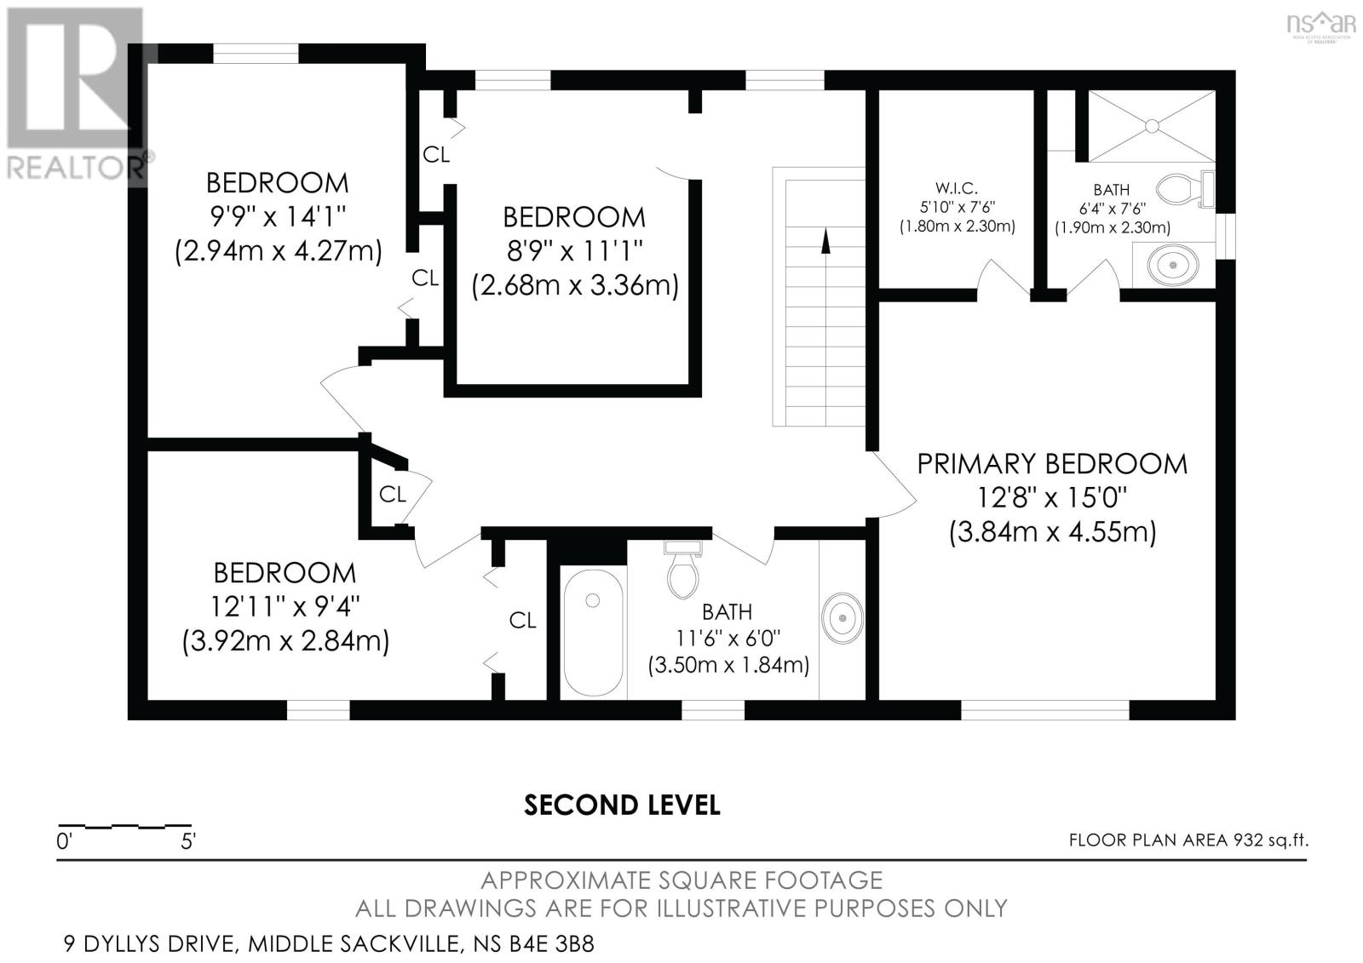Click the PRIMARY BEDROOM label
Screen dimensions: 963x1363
click(x=1051, y=464)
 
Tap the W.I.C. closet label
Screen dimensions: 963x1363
click(x=956, y=188)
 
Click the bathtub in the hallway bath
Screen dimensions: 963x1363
click(x=593, y=632)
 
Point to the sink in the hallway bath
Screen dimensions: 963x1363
click(x=843, y=616)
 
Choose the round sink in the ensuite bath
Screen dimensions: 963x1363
click(x=1174, y=266)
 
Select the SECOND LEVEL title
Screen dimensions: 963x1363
click(x=622, y=805)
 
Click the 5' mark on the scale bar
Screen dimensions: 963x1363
click(x=188, y=842)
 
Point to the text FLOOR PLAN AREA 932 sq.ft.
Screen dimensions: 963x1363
click(x=1188, y=840)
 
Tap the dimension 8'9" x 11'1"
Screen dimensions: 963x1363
click(x=574, y=251)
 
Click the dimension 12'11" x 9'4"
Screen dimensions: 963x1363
click(x=285, y=607)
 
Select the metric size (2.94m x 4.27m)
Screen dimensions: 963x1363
click(x=278, y=252)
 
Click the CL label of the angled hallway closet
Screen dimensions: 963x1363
click(x=392, y=494)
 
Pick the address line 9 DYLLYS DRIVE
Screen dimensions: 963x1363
click(x=329, y=943)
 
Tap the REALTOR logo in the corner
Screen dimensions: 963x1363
click(x=77, y=94)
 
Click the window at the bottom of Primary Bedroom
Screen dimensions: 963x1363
click(x=1045, y=709)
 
